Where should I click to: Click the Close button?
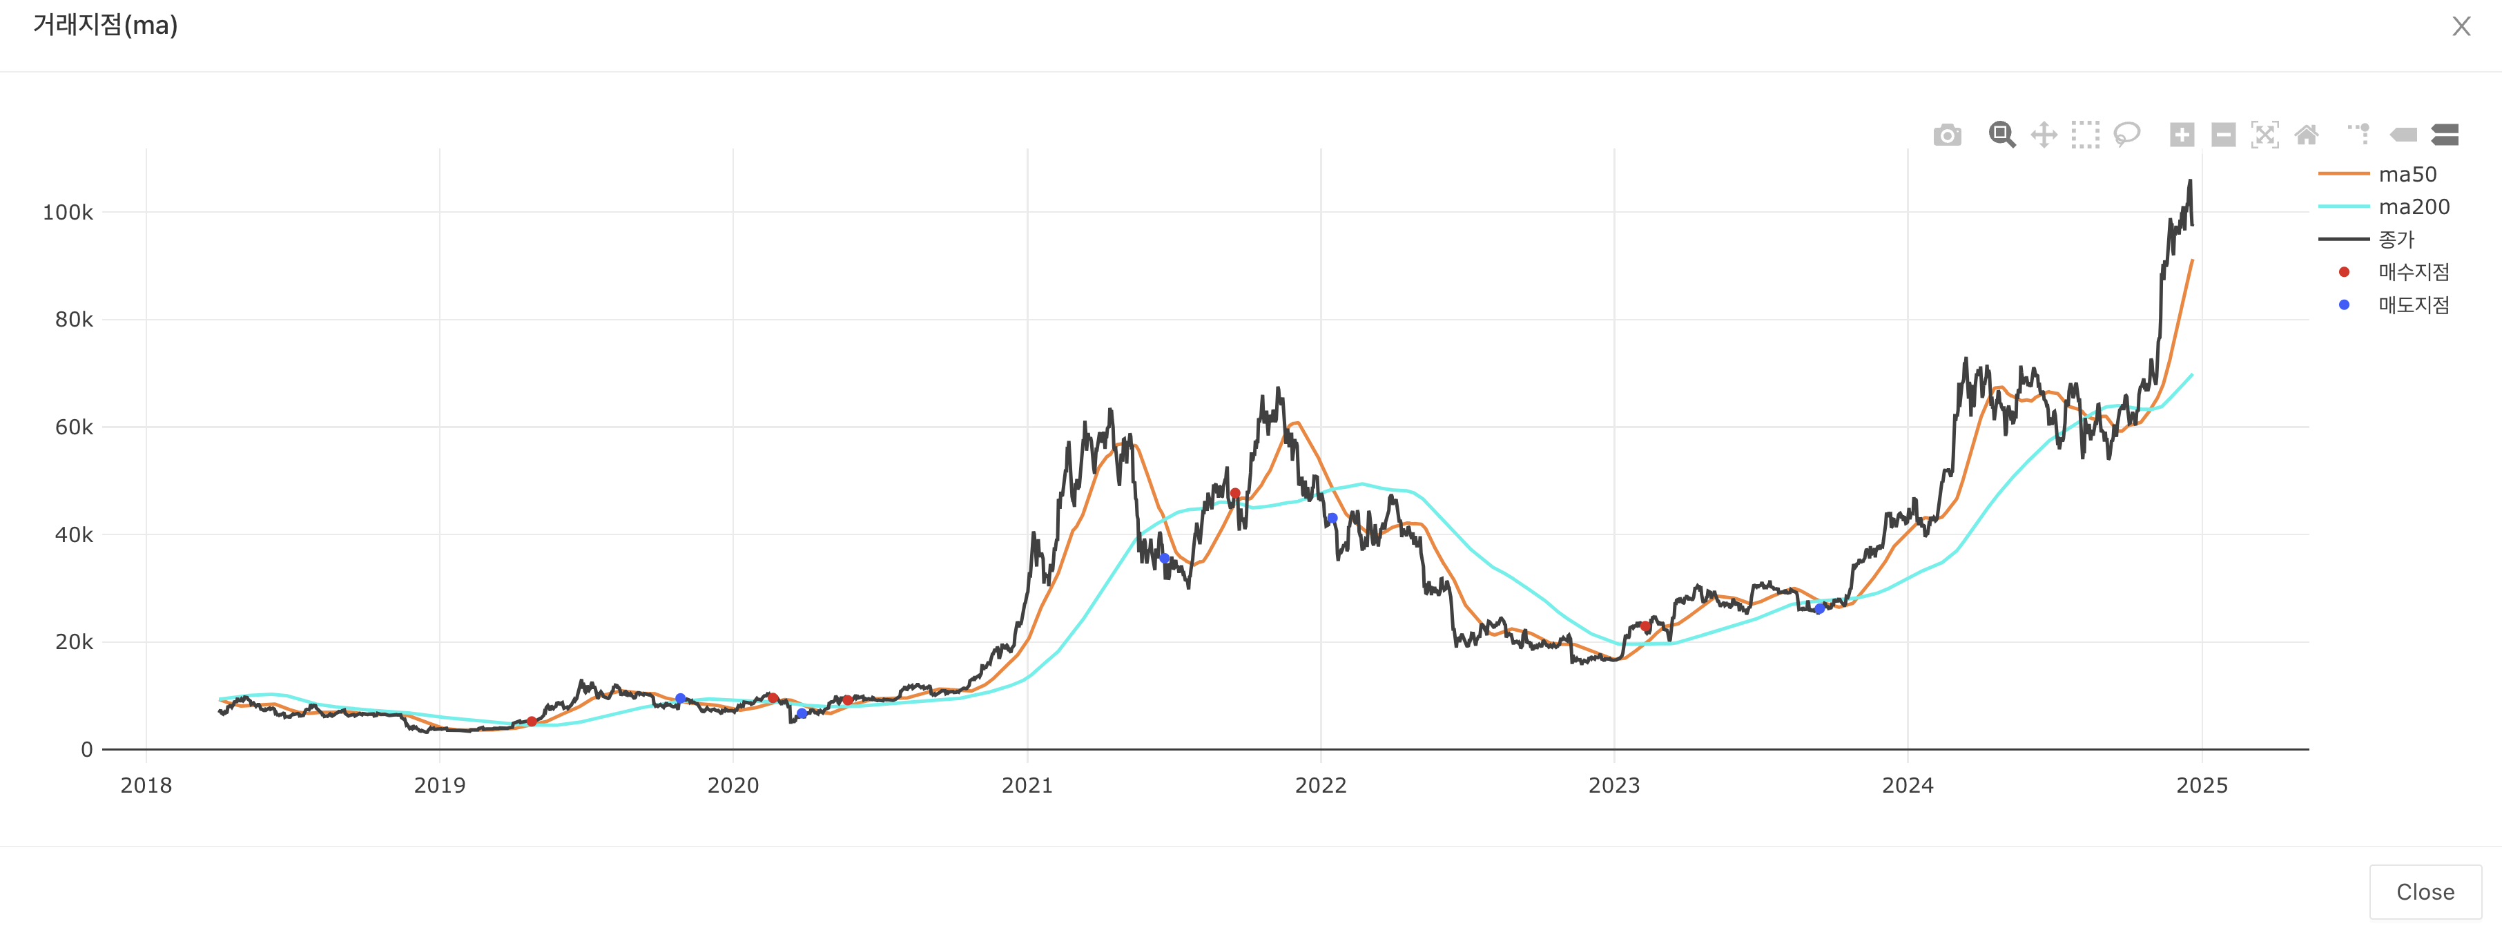point(2424,891)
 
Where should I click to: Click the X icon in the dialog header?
point(2461,26)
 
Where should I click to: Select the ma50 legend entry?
point(2406,174)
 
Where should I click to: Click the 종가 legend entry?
point(2395,239)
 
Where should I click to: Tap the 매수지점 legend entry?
point(2413,272)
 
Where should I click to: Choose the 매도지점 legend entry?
point(2413,305)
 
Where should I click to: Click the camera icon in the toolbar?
point(1946,135)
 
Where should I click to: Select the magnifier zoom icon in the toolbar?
point(2001,135)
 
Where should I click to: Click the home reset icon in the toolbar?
point(2306,135)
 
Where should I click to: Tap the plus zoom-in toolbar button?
point(2182,135)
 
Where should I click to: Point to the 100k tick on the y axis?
point(68,213)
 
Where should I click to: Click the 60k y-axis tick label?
point(74,427)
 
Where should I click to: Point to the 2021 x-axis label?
point(1027,785)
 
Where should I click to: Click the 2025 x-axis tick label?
point(2201,785)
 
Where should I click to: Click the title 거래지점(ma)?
point(105,26)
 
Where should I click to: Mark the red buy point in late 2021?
point(1234,494)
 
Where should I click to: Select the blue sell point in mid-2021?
point(1163,558)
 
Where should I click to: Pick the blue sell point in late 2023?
point(1819,609)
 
